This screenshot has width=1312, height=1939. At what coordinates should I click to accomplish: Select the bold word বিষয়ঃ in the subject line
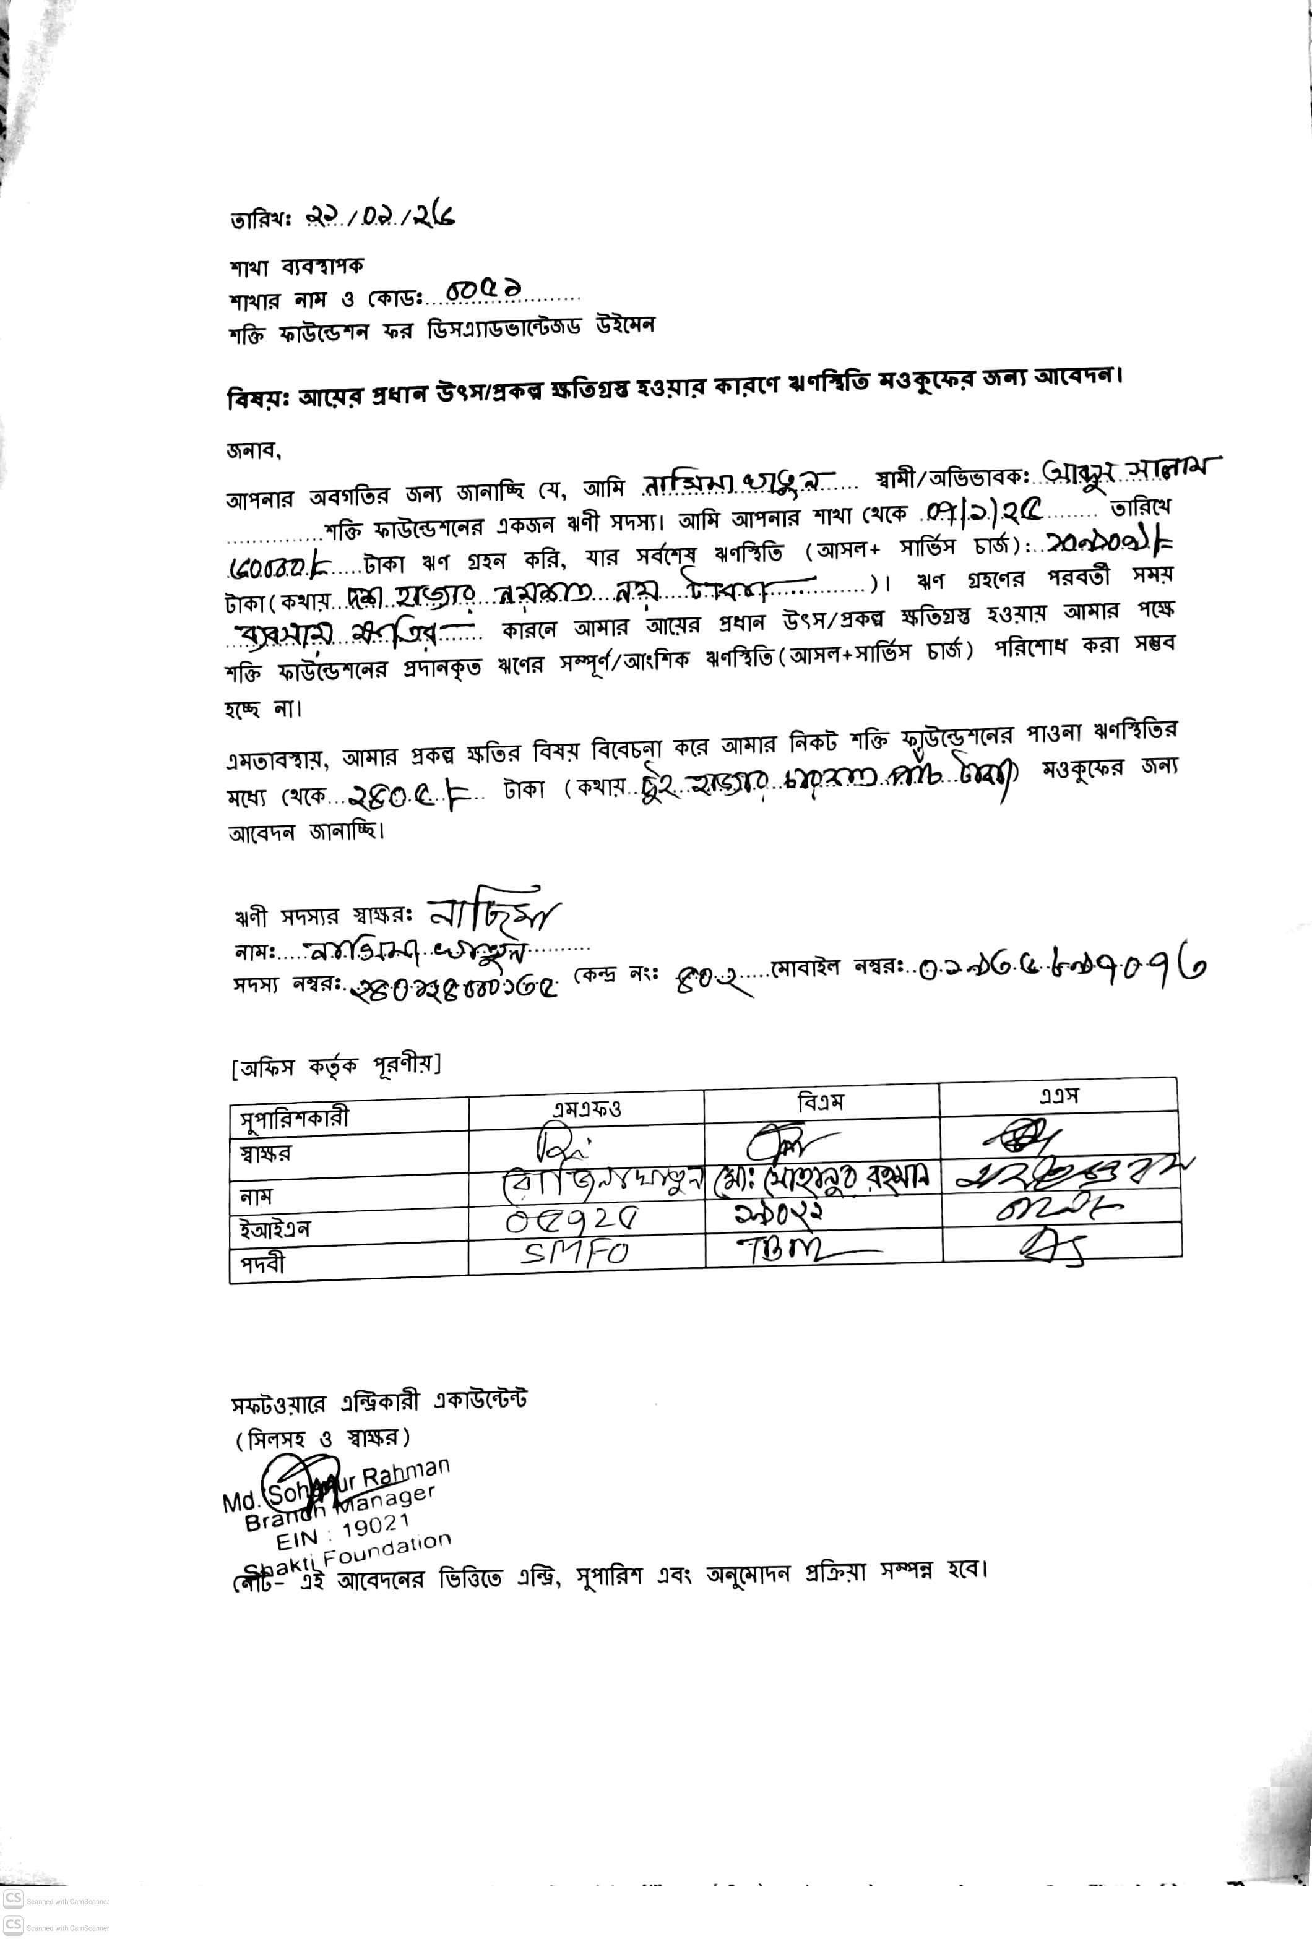click(x=257, y=399)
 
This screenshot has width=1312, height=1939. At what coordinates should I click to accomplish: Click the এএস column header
click(x=1058, y=1096)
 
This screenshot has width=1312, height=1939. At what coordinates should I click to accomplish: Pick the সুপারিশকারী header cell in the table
click(x=295, y=1118)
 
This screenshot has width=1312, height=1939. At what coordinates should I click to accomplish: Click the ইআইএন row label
click(x=275, y=1229)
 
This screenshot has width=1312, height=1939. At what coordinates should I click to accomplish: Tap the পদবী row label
click(x=263, y=1264)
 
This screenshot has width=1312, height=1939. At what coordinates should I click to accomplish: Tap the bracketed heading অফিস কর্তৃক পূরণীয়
click(x=335, y=1065)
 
